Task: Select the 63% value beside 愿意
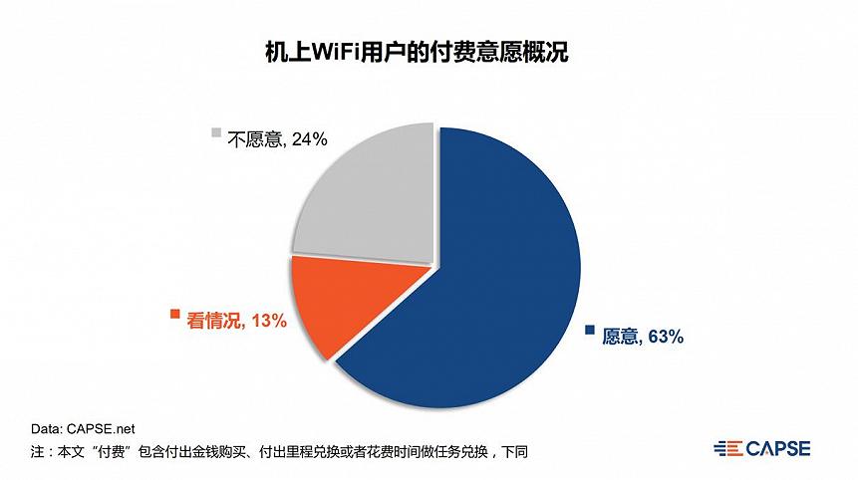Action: tap(664, 337)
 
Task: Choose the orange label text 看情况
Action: tap(212, 320)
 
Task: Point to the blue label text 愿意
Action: tap(619, 337)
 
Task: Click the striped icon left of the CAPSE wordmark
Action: tap(727, 448)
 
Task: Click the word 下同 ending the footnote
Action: tap(512, 452)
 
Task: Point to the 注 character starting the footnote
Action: tap(37, 452)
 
